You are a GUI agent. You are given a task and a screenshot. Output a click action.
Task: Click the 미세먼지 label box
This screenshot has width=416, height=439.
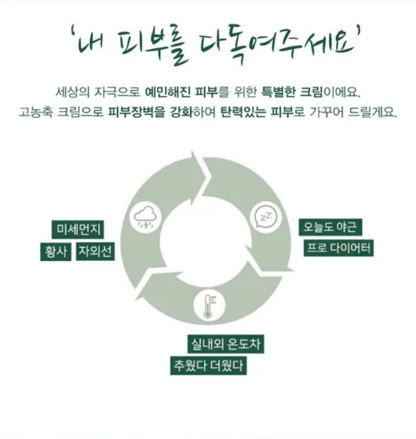pos(77,230)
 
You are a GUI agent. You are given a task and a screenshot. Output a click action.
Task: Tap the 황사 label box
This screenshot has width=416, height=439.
pos(56,251)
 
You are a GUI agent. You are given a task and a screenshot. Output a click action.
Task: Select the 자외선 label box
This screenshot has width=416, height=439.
pos(95,251)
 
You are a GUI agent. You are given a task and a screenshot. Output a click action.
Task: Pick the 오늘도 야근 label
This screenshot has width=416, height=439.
pos(330,227)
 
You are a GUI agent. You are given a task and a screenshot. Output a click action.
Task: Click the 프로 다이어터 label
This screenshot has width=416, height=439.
pos(339,248)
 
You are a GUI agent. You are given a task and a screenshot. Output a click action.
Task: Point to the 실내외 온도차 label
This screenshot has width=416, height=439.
pos(225,344)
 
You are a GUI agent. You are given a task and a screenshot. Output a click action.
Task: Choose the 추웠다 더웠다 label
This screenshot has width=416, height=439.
pos(209,365)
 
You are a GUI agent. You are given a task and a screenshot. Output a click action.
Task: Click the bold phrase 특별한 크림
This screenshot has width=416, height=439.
pos(292,92)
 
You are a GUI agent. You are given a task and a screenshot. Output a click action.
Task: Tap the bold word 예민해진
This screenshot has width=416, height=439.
pos(167,92)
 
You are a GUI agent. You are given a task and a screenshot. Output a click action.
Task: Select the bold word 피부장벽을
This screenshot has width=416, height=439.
pos(137,112)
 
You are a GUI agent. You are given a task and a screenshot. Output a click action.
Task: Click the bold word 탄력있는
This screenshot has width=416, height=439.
pos(243,112)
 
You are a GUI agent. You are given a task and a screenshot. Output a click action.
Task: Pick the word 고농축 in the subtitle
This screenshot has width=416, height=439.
pos(35,112)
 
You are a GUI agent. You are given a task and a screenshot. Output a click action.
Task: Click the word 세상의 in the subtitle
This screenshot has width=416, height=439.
pos(72,92)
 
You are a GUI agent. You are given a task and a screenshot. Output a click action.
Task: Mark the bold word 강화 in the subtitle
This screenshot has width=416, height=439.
pos(182,112)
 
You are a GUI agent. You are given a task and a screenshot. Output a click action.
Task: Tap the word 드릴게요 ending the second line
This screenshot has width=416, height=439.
pos(372,112)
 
